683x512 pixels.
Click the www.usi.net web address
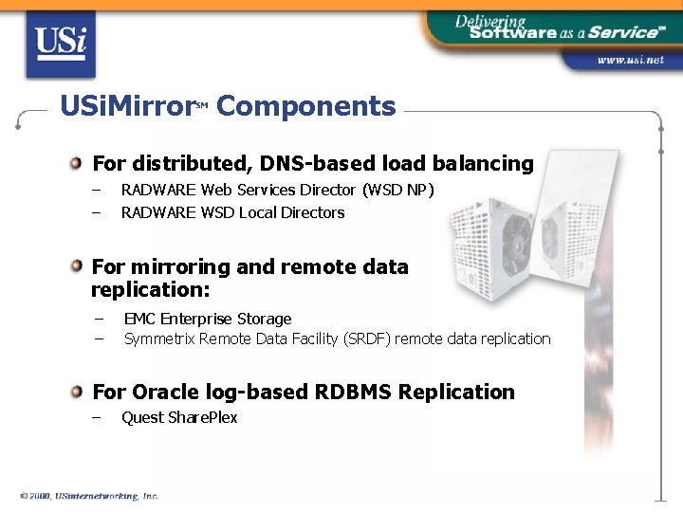630,60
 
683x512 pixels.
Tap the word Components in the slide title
305,106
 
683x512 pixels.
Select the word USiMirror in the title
126,106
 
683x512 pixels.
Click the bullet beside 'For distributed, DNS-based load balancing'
76,163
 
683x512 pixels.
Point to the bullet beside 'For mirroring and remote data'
76,266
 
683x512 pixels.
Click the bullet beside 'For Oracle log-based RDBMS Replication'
76,392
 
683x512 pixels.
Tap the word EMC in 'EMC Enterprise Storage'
139,319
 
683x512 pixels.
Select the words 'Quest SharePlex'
179,417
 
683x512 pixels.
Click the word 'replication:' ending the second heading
150,290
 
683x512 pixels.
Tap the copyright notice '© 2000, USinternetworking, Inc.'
89,496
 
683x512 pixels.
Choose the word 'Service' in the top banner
621,32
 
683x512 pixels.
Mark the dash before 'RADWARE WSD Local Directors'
96,212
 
